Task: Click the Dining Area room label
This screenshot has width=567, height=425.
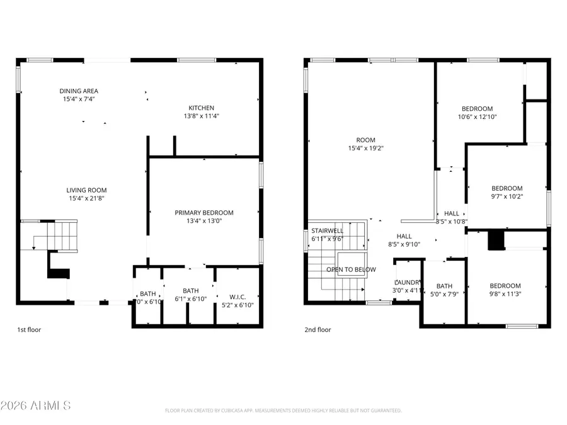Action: pos(79,91)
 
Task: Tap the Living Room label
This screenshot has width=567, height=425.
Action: pos(86,190)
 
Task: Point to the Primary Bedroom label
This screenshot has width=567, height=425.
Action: pos(203,213)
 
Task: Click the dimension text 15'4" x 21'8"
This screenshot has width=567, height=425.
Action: pos(86,198)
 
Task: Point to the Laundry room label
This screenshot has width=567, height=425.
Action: pos(406,282)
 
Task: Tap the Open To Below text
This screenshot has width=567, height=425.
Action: pos(350,269)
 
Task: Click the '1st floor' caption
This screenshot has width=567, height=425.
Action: pos(29,329)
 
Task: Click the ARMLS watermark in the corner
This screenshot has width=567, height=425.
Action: pos(36,405)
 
